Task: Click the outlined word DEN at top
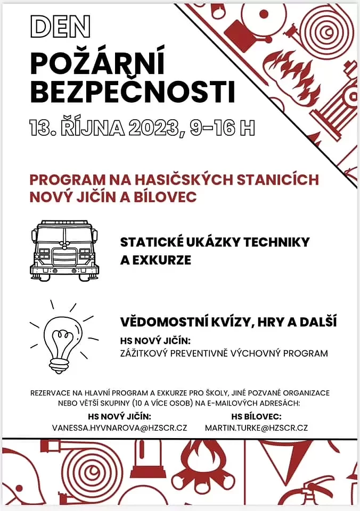pos(60,26)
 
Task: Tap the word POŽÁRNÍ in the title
pos(98,63)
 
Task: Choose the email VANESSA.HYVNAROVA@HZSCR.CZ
pos(119,428)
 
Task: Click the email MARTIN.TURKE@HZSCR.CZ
pos(256,428)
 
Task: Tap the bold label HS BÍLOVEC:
pos(256,416)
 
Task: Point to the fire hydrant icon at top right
pos(335,106)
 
